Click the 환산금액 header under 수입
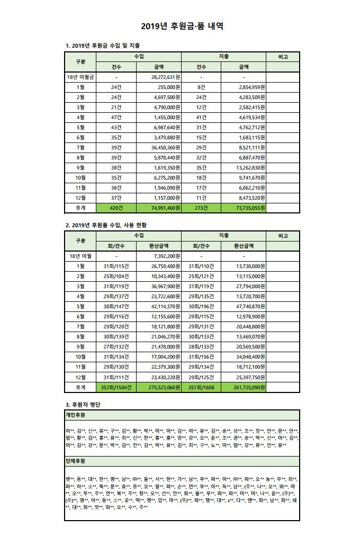point(158,246)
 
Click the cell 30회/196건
point(204,306)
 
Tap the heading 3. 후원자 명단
point(82,405)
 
